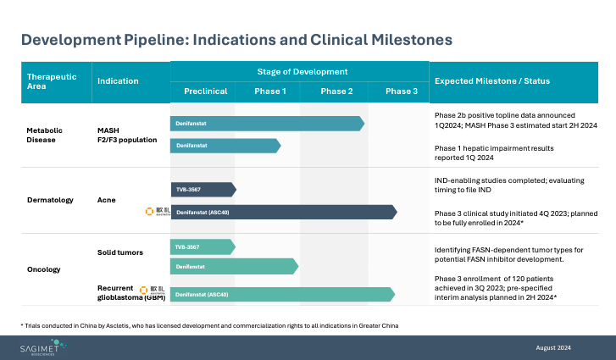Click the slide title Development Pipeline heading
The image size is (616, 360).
(236, 40)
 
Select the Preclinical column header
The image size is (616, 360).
(205, 91)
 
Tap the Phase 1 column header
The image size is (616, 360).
(270, 91)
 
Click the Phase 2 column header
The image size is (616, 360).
(336, 91)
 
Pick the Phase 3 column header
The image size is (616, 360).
(401, 91)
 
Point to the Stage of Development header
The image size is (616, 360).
(302, 72)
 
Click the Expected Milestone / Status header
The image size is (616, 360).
(491, 81)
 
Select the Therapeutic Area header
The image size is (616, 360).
(52, 81)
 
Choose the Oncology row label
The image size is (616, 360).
(45, 269)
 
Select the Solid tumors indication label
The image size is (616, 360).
(120, 252)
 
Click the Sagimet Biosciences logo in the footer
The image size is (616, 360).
(49, 347)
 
